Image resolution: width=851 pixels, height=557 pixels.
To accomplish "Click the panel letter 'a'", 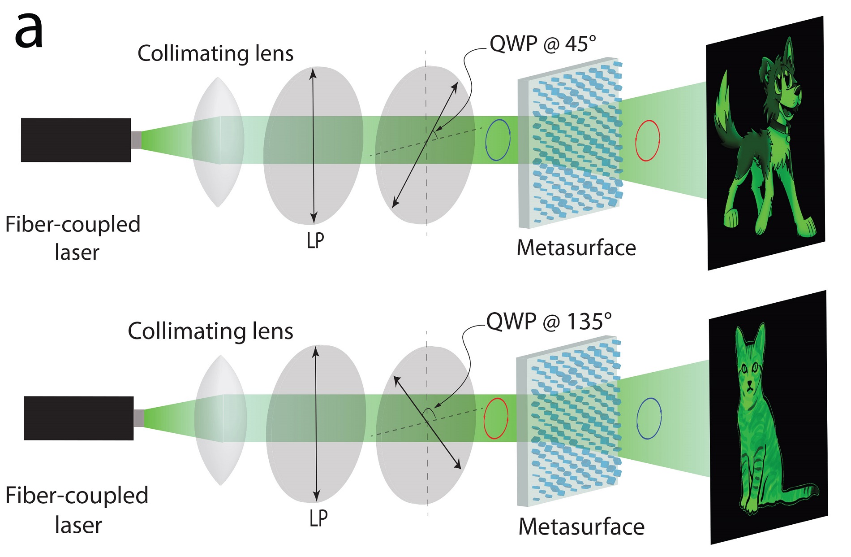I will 29,32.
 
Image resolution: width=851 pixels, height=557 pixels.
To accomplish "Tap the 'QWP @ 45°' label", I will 542,44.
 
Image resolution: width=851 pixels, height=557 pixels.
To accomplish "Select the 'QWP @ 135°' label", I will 549,322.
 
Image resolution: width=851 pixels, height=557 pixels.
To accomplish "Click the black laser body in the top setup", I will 76,140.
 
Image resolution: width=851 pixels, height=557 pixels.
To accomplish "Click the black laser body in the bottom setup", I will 78,418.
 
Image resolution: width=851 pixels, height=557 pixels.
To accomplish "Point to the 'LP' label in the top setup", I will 315,241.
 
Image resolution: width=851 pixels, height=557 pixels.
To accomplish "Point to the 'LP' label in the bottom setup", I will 318,518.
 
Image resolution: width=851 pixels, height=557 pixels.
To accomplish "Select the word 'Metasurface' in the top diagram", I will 576,248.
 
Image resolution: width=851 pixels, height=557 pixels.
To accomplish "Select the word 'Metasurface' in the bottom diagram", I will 581,527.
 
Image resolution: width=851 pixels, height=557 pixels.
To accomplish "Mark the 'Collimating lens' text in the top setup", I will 215,53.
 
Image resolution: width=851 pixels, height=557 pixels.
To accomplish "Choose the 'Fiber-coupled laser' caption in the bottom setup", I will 77,510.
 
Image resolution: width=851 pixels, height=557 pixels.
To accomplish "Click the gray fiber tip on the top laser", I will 136,140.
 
